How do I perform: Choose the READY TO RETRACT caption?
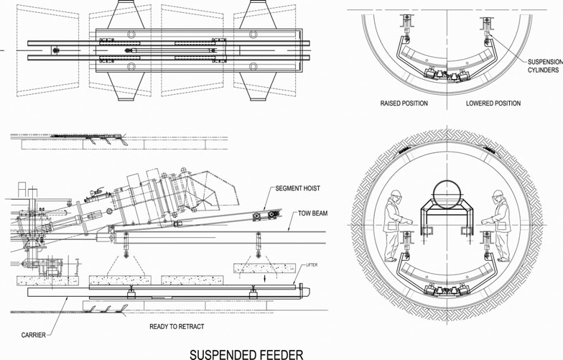[x=177, y=326]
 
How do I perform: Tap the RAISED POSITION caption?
[x=404, y=103]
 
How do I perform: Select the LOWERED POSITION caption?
[x=493, y=103]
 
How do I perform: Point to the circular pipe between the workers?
[x=446, y=195]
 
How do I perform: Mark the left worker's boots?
[x=391, y=259]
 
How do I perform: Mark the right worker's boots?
[x=501, y=259]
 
